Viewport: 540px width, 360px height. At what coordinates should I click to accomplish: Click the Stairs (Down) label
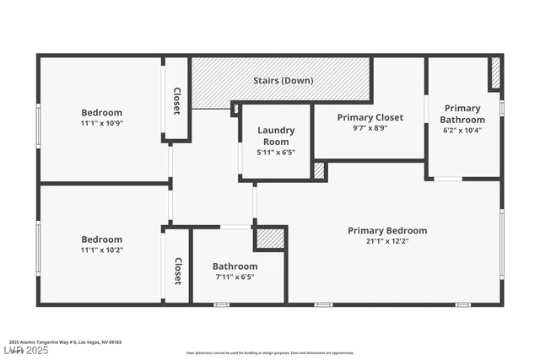(x=283, y=81)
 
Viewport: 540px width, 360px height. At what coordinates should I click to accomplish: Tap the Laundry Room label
(x=276, y=136)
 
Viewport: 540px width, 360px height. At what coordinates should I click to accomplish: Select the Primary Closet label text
(x=370, y=117)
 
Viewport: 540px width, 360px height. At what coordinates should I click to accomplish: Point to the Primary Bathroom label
(x=462, y=114)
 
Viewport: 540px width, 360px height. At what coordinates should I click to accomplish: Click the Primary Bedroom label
(x=387, y=230)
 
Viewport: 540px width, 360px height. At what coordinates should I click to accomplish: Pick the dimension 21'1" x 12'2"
(x=387, y=242)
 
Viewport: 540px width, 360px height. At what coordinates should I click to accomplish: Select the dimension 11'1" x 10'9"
(x=101, y=124)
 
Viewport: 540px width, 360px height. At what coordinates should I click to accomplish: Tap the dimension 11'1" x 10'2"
(x=101, y=250)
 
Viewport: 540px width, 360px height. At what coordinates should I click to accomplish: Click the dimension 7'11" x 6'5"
(x=235, y=277)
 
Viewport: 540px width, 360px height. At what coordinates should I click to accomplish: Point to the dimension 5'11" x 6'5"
(x=276, y=153)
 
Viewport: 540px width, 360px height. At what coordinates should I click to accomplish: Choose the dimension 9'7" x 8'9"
(x=370, y=129)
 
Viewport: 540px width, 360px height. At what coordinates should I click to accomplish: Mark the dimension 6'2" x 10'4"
(x=462, y=131)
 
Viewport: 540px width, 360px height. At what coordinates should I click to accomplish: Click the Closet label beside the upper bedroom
(x=177, y=100)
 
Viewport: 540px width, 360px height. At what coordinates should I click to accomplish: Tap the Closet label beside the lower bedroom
(x=178, y=271)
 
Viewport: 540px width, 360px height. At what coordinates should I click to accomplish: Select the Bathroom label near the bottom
(x=235, y=266)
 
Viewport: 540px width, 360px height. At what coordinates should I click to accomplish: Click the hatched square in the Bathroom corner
(x=270, y=239)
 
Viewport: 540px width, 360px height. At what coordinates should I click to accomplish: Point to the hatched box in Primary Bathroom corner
(x=495, y=73)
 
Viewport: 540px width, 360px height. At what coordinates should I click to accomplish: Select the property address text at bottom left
(x=66, y=342)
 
